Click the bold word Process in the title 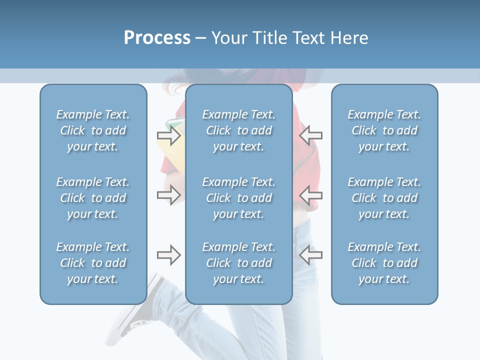point(157,38)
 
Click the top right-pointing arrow point(168,135)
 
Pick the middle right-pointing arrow point(168,194)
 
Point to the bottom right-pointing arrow point(168,255)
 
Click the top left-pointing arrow point(310,135)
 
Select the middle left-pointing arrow point(310,194)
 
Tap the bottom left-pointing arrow point(310,255)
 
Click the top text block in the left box point(93,130)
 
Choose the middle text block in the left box point(93,198)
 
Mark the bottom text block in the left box point(93,263)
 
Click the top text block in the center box point(238,130)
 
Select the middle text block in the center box point(238,198)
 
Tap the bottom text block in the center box point(238,263)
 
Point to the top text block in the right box point(384,130)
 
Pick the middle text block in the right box point(384,198)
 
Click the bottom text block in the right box point(384,263)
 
